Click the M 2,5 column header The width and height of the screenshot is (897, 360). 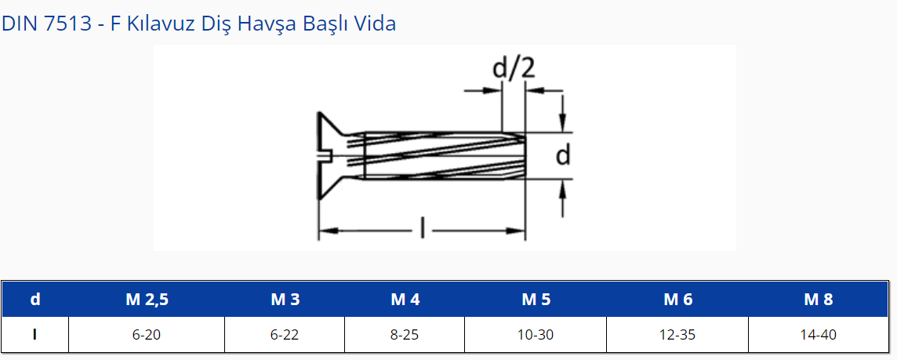click(x=147, y=300)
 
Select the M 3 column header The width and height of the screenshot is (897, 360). click(x=285, y=300)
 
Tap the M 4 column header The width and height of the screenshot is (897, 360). click(x=405, y=300)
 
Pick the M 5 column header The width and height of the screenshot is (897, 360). click(x=536, y=300)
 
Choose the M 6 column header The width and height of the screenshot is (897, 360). click(x=678, y=300)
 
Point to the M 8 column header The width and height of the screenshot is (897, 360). click(x=819, y=300)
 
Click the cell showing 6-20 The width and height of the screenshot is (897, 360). click(x=147, y=335)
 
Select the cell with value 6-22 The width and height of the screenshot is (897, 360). click(x=285, y=335)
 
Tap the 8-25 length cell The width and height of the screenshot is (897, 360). click(x=405, y=335)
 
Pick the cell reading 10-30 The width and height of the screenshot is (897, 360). click(x=536, y=335)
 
